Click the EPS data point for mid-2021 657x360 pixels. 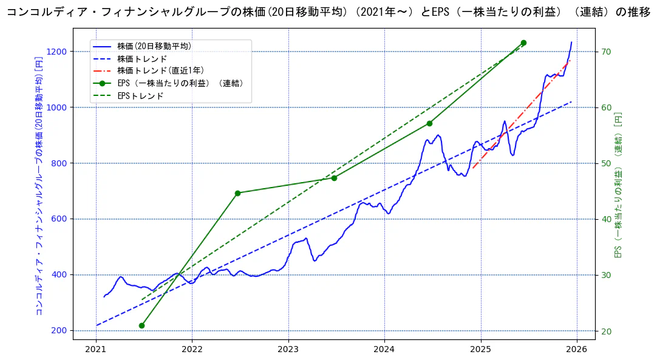click(141, 325)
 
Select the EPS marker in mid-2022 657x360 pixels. click(237, 193)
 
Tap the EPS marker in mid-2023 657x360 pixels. click(334, 178)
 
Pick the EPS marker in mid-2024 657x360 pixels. click(429, 123)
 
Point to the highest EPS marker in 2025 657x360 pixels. click(523, 42)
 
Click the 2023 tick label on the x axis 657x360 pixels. click(288, 350)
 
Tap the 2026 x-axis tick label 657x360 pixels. click(577, 350)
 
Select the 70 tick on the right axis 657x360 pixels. click(606, 52)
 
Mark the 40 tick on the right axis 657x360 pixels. click(606, 219)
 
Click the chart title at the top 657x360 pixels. click(328, 12)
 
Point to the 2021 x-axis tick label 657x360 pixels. click(96, 350)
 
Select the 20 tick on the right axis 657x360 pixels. click(606, 331)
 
